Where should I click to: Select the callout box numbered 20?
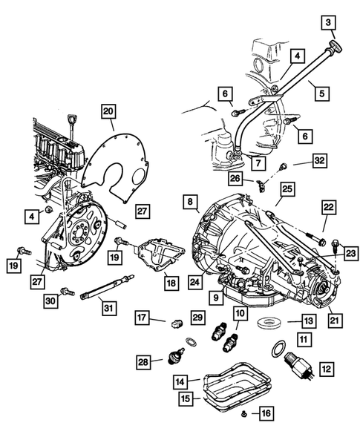[108, 112]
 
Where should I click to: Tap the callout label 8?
[191, 201]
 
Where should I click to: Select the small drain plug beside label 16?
[244, 413]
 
